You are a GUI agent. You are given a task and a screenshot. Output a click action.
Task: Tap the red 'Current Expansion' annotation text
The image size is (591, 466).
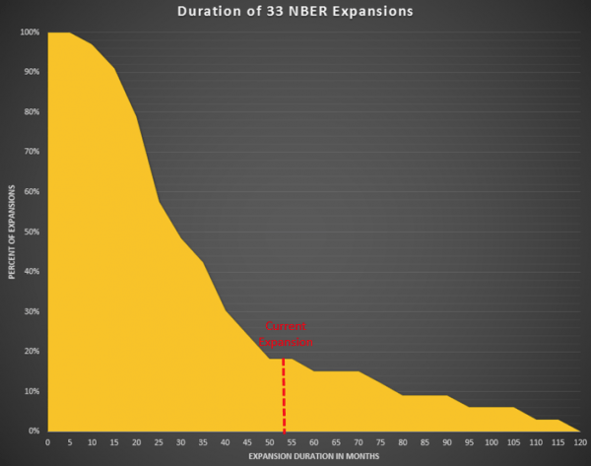point(287,334)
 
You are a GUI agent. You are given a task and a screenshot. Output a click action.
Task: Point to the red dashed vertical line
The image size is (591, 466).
point(285,394)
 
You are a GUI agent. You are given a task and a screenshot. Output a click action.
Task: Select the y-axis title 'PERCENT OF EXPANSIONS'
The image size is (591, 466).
point(12,231)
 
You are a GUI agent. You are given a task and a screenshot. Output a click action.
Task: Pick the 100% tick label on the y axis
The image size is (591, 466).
point(29,33)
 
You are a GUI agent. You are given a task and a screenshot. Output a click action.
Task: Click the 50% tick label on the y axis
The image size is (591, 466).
point(31,232)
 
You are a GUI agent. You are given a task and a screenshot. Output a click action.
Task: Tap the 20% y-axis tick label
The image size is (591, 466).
point(31,351)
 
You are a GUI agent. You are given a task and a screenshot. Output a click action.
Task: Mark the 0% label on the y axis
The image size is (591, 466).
point(33,431)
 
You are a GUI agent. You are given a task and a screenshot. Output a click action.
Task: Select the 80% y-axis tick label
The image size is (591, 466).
point(31,112)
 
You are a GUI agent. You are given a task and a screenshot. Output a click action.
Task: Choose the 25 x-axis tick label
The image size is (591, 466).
point(159,442)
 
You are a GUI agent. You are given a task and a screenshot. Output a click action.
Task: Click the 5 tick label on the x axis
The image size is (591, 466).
point(70,442)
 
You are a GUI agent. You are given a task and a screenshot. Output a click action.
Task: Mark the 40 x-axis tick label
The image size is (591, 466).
point(225,442)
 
